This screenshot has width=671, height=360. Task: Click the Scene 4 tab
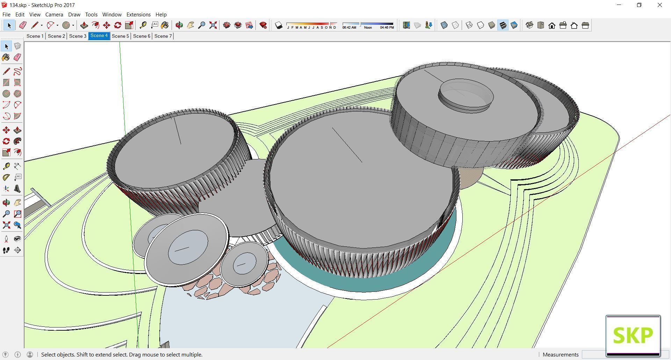tap(99, 36)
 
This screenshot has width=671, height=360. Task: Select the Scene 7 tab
tap(163, 36)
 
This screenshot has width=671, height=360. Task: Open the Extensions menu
tap(138, 14)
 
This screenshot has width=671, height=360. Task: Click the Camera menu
tap(54, 14)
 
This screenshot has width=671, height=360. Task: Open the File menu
tap(6, 14)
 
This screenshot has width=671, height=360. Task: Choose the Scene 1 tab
tap(35, 36)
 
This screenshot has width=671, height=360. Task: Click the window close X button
tap(660, 5)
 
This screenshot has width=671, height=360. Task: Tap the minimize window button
tap(619, 5)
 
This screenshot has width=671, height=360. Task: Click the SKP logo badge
tap(633, 336)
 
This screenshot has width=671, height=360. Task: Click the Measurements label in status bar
tap(561, 354)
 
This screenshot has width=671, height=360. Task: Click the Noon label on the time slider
tap(368, 27)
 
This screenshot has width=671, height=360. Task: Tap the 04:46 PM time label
tap(387, 27)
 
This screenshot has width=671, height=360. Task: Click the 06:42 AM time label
tap(349, 27)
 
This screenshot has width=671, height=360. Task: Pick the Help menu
tap(161, 14)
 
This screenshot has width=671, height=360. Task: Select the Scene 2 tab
tap(56, 36)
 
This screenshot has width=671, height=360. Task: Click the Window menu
tap(112, 14)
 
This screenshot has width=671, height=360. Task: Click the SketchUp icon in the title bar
tap(4, 5)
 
